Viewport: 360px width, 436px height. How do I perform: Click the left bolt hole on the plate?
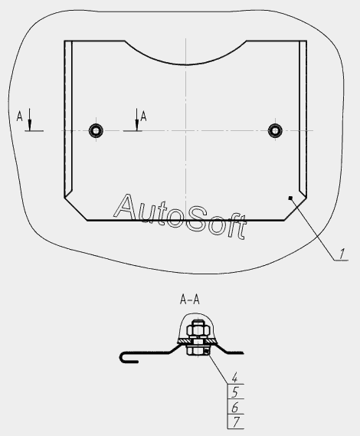[96, 130]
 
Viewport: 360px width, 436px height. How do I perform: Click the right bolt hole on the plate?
[275, 130]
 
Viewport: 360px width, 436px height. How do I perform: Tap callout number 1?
[342, 254]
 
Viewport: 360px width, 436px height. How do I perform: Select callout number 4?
[235, 378]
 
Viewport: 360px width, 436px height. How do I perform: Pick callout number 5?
[235, 392]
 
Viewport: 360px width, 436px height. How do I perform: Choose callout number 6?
[235, 408]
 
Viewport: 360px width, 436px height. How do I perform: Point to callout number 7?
[235, 422]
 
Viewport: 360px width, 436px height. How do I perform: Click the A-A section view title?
[190, 300]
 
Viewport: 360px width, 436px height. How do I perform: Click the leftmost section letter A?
[19, 116]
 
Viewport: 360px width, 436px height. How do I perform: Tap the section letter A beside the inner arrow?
[143, 116]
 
